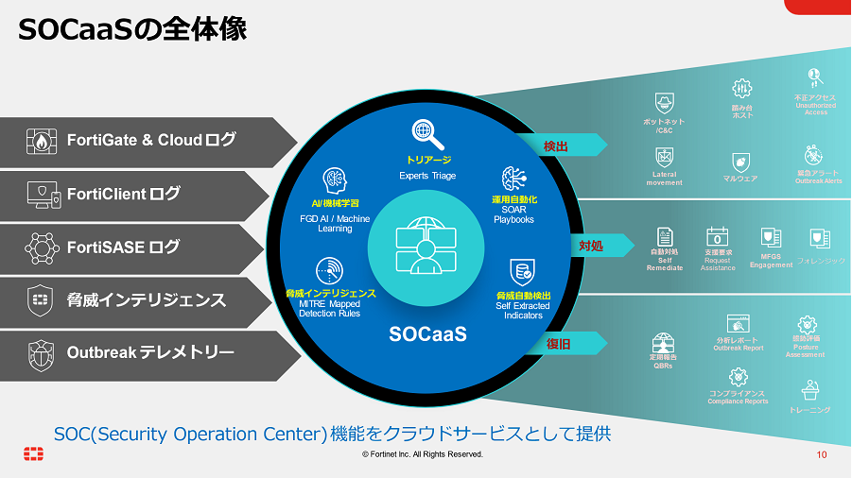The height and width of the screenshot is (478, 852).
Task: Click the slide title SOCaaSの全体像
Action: click(133, 29)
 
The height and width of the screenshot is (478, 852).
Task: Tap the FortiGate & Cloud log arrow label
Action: click(150, 141)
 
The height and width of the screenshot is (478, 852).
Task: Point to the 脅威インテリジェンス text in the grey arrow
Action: click(146, 300)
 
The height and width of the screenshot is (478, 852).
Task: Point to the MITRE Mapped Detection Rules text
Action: click(330, 308)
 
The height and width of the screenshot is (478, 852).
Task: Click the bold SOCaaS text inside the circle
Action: click(428, 334)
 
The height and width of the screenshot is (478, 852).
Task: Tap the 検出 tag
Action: click(556, 146)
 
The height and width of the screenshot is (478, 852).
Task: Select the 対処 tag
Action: click(590, 246)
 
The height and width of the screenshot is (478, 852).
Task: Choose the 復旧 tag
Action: click(558, 344)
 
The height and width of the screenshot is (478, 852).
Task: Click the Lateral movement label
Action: click(664, 179)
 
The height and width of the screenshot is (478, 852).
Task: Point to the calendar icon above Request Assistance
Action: click(717, 236)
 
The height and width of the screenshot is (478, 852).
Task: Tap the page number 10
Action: click(822, 454)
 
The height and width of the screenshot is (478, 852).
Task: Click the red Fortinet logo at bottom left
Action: click(34, 453)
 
